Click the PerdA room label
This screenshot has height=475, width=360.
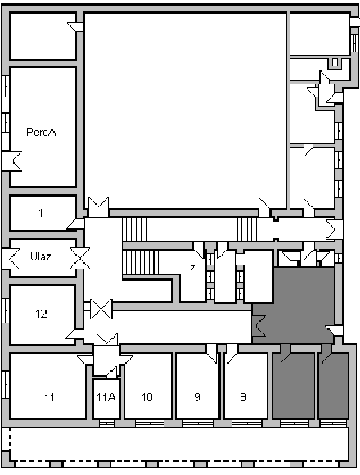tap(41, 132)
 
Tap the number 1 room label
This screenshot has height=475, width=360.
tap(41, 213)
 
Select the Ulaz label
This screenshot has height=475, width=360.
tap(41, 256)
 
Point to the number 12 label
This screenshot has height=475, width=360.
tap(42, 314)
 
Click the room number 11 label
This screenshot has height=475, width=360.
tap(49, 397)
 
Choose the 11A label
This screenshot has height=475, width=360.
tap(106, 397)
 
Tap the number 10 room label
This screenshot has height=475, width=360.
tap(147, 397)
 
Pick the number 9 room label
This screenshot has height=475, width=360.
tap(197, 397)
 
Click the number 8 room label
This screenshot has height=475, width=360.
tap(243, 397)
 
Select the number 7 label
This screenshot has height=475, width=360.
tap(192, 269)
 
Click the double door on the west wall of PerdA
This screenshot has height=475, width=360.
tap(11, 161)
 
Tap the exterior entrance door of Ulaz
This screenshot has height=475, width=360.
tap(11, 259)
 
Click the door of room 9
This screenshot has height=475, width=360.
tap(212, 352)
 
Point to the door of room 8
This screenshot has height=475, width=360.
tap(232, 352)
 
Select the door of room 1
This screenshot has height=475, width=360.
tap(75, 224)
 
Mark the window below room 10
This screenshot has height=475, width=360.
tap(150, 423)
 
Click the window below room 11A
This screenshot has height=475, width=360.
tap(107, 423)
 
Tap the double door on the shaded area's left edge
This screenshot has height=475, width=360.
tap(259, 326)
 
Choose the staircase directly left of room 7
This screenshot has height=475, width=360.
tap(141, 262)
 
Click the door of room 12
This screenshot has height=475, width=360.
tap(74, 334)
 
